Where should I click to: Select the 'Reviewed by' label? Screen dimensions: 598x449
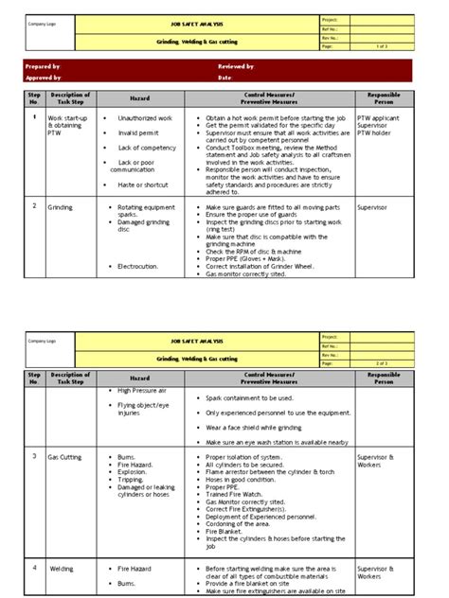[236, 67]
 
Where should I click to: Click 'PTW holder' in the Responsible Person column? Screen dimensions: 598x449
[375, 133]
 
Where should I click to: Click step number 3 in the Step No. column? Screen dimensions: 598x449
[36, 455]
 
